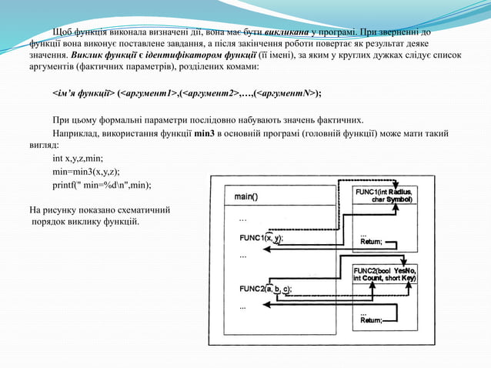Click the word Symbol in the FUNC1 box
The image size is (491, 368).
pos(399,199)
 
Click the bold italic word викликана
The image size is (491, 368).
pos(288,32)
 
